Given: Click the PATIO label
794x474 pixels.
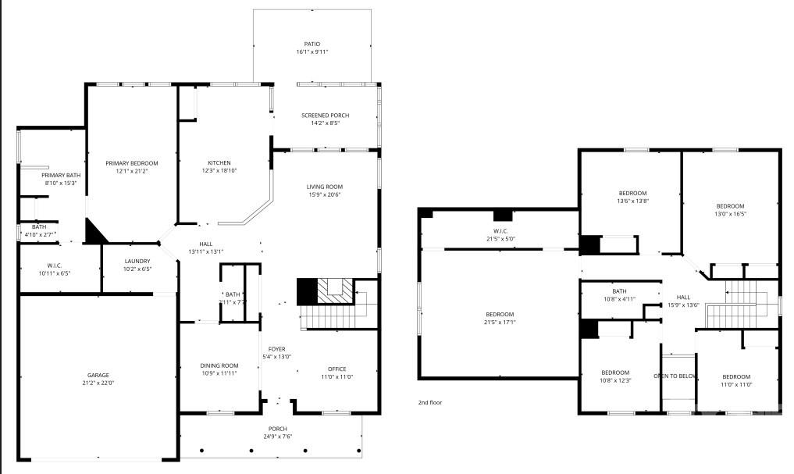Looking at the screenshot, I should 312,44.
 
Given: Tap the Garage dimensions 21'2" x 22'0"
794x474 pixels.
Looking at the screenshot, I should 98,383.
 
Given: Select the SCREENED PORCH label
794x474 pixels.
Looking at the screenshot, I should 326,116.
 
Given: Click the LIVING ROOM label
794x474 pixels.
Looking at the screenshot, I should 324,187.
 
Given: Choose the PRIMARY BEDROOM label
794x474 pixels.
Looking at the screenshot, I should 132,163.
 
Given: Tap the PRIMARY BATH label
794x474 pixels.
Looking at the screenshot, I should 61,175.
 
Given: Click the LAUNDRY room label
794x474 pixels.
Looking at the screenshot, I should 137,261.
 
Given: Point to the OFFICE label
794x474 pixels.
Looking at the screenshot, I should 336,369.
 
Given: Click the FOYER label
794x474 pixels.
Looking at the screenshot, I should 276,348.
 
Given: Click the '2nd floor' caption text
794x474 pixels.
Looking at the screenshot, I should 431,403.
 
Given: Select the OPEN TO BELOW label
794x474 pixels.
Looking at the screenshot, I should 675,376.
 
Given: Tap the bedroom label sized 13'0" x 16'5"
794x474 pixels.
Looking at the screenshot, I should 730,206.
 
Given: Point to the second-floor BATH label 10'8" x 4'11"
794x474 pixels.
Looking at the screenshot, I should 619,291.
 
